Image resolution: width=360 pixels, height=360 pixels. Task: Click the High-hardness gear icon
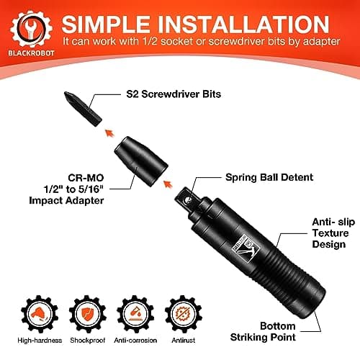pos(30,305)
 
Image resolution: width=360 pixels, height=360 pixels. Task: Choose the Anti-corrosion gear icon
pos(135,305)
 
